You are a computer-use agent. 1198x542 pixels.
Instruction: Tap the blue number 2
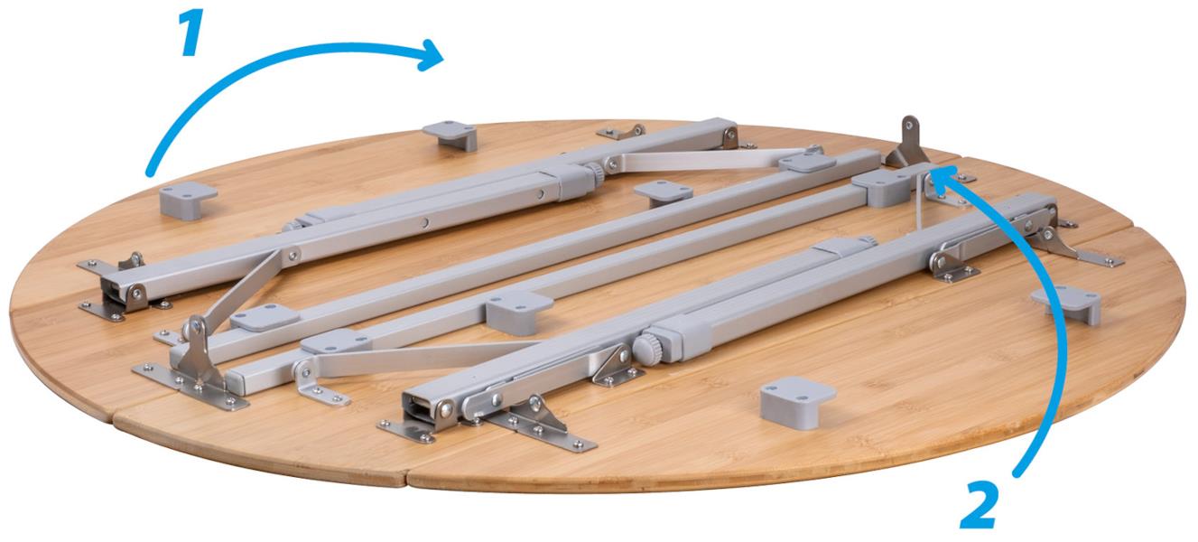coord(980,506)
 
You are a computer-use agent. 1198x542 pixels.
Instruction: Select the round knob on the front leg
coord(647,350)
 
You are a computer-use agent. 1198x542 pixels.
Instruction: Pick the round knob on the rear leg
coord(595,173)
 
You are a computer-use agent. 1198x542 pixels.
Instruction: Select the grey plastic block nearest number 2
coord(797,401)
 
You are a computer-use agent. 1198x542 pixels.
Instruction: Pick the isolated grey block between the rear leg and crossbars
coord(664,193)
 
